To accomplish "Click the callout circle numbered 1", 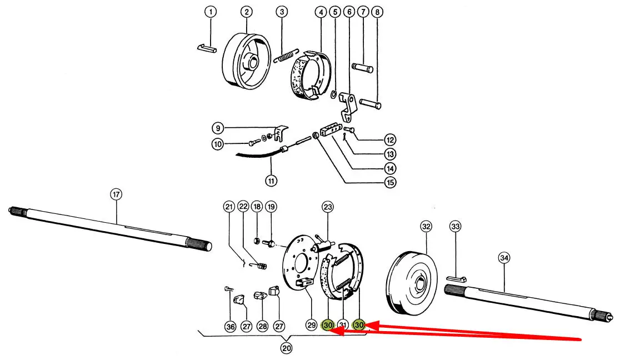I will point(211,12).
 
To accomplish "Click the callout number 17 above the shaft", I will point(116,194).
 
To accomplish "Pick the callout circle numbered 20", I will point(286,348).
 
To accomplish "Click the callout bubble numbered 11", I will point(271,181).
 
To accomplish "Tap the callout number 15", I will point(391,182).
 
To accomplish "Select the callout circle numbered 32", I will point(426,227).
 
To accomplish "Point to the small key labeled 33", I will point(457,278).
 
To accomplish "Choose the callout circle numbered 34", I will point(504,258).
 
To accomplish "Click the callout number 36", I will point(231,326).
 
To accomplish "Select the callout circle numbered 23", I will point(328,208).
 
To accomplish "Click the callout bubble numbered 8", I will point(378,12).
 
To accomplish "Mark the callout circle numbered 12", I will point(390,140).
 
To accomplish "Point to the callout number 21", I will point(229,207).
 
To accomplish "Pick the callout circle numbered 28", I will point(262,326).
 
